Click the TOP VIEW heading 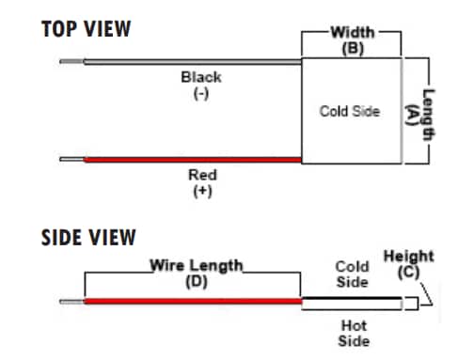(x=87, y=28)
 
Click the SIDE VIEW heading (x=88, y=238)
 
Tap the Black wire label (x=201, y=77)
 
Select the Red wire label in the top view (x=201, y=175)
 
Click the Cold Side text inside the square (x=350, y=112)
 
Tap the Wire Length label (x=197, y=265)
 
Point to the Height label (x=409, y=256)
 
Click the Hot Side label (x=353, y=333)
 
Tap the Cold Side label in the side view (x=353, y=274)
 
